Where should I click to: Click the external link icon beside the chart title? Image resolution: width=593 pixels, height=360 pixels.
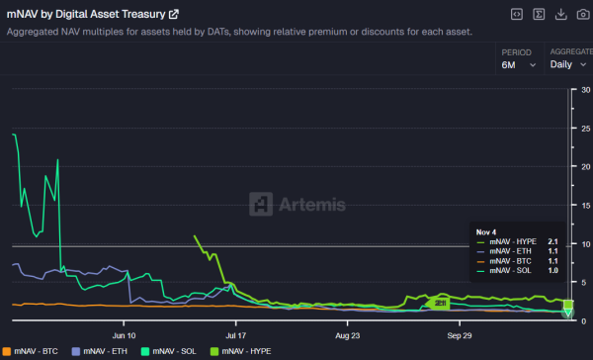click(x=174, y=14)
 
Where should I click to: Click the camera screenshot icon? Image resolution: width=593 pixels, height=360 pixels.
click(x=583, y=14)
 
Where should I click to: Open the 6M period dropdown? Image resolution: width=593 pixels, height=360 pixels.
click(x=519, y=64)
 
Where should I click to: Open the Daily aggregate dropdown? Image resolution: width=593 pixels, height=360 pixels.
click(x=569, y=64)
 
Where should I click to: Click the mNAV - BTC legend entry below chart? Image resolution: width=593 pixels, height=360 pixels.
click(x=35, y=351)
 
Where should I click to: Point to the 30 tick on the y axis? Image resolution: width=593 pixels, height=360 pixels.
click(x=585, y=90)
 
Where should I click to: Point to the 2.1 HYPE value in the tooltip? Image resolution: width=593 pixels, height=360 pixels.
click(x=552, y=241)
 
